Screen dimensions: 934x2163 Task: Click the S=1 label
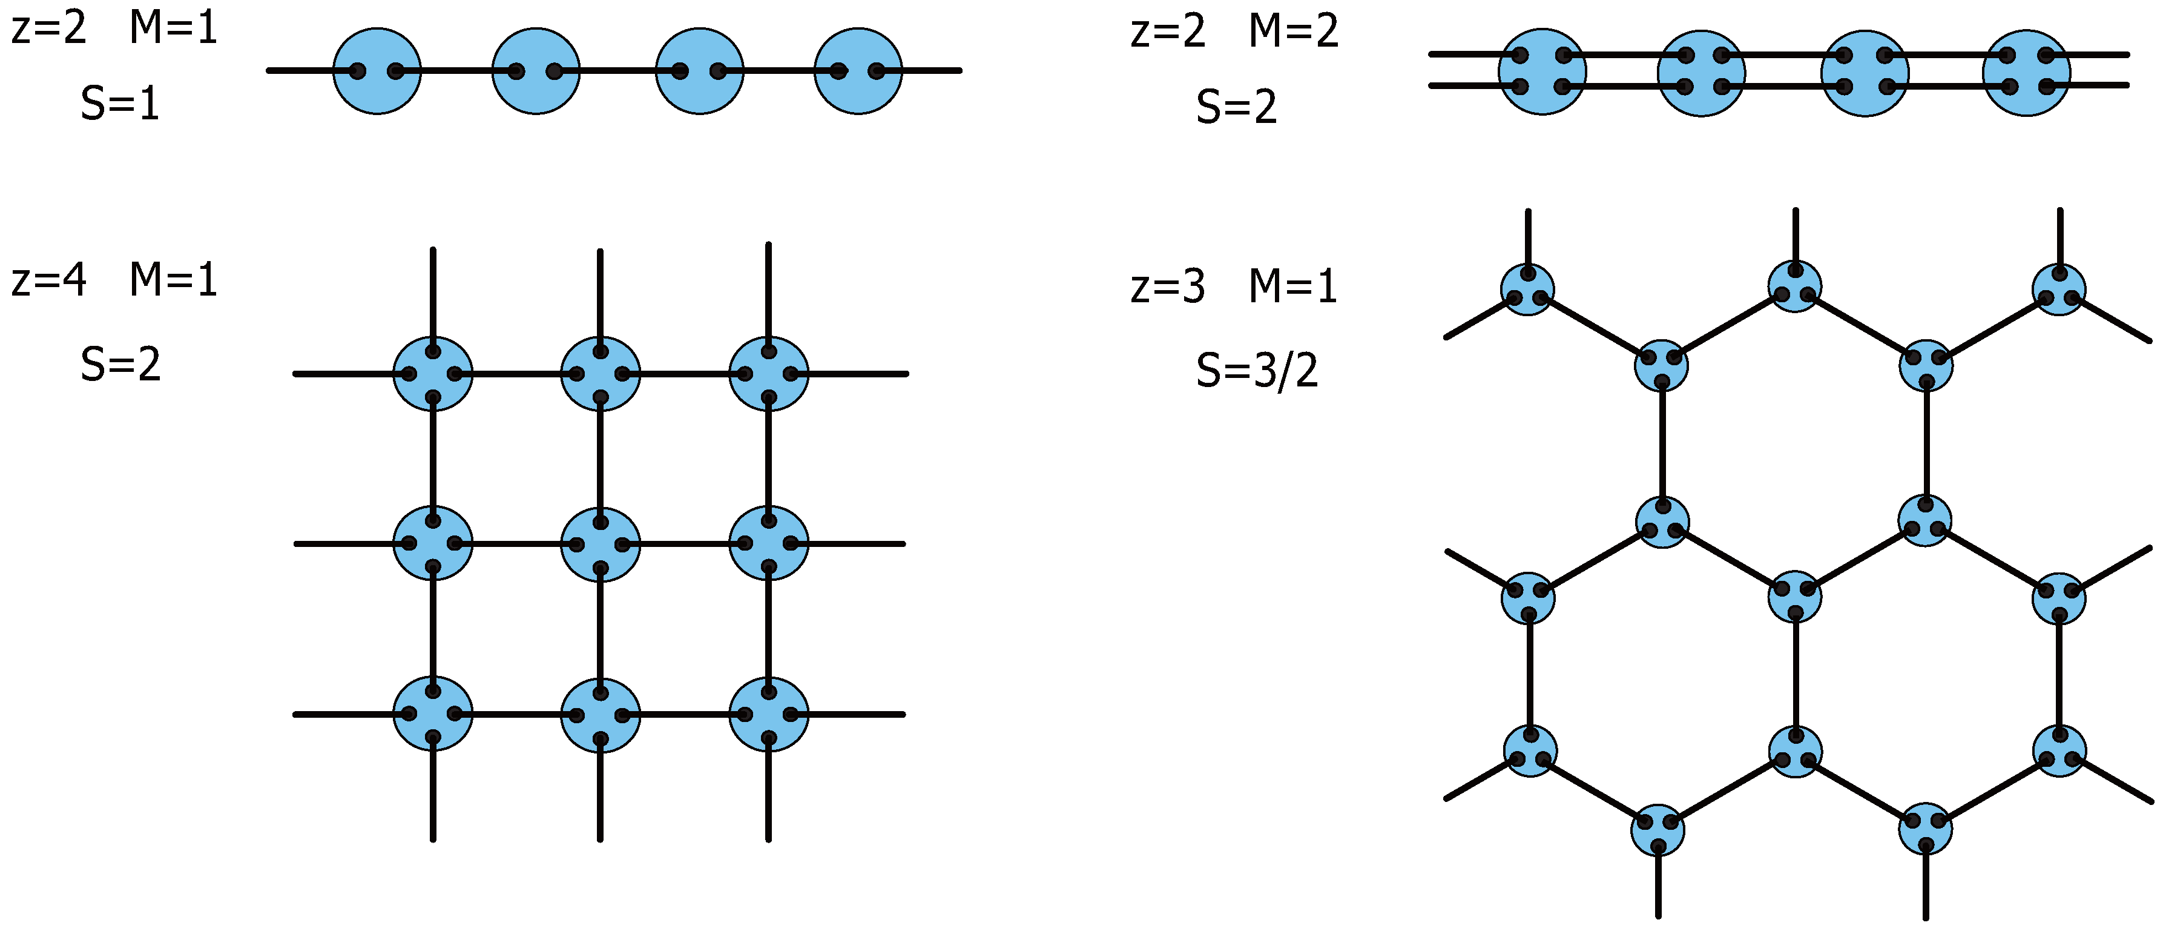(120, 104)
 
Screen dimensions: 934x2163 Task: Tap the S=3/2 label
(1257, 371)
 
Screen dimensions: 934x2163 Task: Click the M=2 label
(1293, 31)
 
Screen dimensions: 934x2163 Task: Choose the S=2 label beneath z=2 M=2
(1236, 107)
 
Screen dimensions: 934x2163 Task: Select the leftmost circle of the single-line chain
(377, 70)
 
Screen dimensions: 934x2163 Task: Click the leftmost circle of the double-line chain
(1542, 71)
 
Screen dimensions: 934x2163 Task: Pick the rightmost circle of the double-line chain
(2026, 72)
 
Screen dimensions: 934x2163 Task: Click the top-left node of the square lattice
(433, 374)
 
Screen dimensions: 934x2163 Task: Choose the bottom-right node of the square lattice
(768, 715)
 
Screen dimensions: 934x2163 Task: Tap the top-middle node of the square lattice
(601, 374)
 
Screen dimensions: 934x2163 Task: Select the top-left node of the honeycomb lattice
(1527, 289)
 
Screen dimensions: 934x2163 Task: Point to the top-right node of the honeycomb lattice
(2059, 289)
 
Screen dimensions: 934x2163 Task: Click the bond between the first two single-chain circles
(456, 70)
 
